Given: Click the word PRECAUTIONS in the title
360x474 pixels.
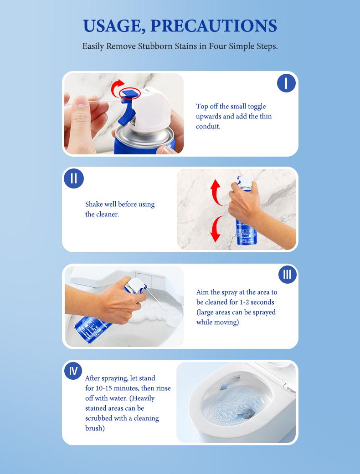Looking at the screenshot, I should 214,25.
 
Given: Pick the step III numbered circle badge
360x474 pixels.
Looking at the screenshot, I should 287,274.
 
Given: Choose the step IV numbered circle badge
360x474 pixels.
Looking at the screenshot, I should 73,371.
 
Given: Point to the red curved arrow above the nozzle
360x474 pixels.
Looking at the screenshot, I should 118,86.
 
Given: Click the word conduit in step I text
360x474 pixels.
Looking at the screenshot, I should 208,127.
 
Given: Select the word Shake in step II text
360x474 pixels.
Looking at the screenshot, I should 94,204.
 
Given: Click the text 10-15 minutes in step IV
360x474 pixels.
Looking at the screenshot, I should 112,388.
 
